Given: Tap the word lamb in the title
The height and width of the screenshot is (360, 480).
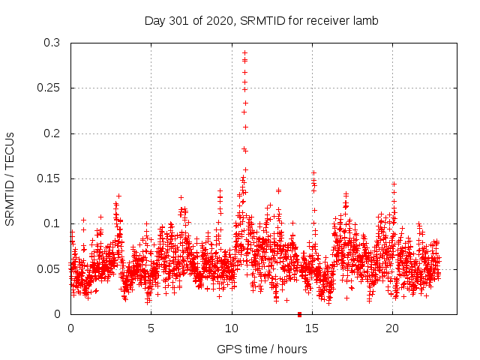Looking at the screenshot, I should (366, 21).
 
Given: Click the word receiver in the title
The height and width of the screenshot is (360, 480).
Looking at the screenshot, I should (328, 21).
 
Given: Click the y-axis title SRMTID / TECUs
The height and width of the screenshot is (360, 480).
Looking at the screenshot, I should (10, 178).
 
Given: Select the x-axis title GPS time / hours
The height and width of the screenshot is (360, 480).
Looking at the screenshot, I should (262, 349).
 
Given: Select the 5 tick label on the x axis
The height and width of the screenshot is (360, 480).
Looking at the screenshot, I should (151, 328).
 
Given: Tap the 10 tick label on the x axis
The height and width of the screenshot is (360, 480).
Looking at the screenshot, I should (231, 328).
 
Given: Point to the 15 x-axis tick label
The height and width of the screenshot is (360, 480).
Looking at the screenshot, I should (312, 328).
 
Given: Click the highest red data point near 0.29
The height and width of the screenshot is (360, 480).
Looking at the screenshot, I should (244, 53).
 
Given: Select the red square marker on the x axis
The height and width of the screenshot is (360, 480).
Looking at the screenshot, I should (299, 314).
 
